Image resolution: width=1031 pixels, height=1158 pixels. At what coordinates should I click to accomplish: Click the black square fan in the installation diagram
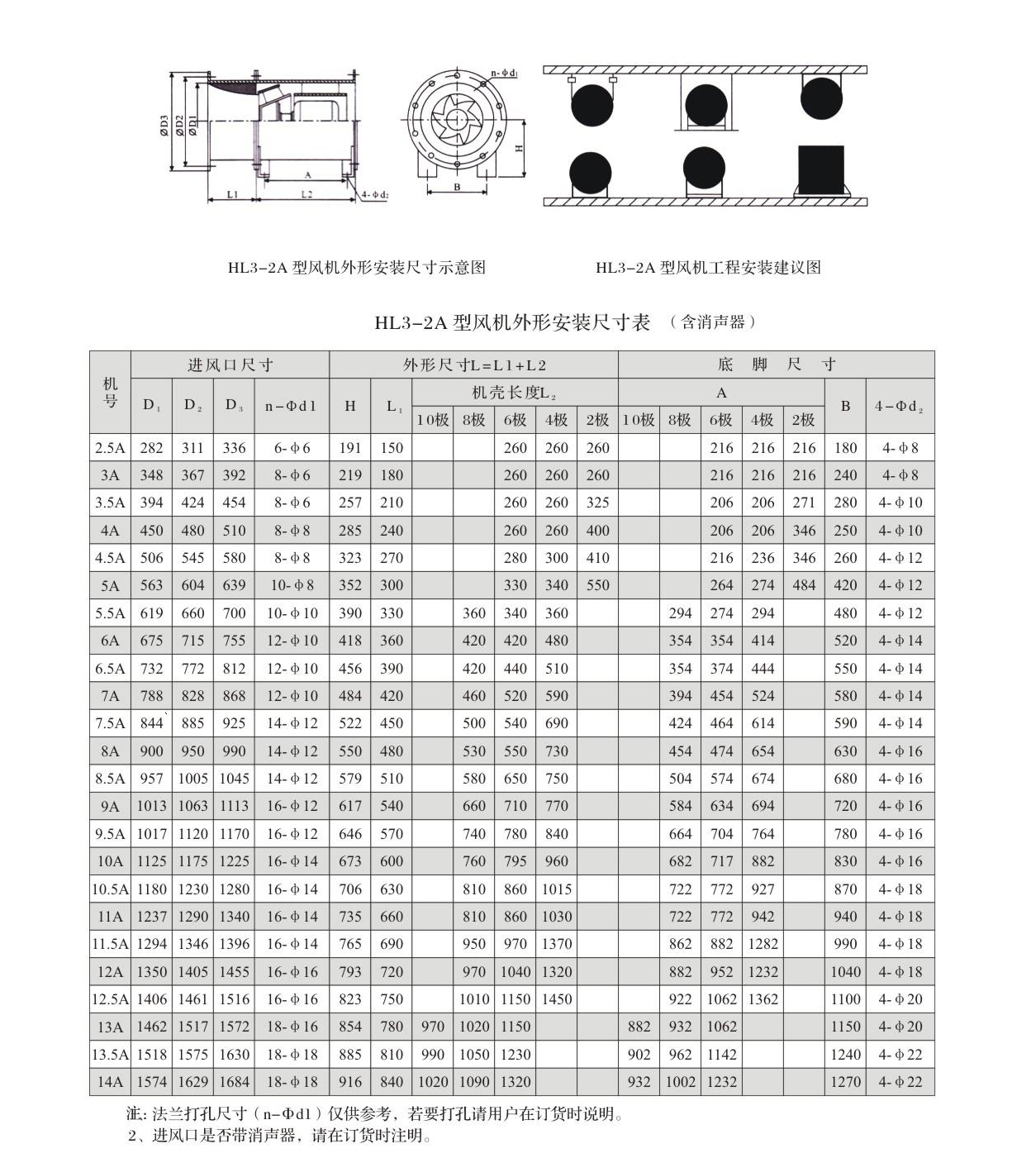pyautogui.click(x=820, y=169)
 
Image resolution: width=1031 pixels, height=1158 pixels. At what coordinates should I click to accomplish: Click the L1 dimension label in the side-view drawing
pyautogui.click(x=233, y=194)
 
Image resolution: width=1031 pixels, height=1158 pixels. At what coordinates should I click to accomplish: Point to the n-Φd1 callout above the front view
pyautogui.click(x=503, y=74)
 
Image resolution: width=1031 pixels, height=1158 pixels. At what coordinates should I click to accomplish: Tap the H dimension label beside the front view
pyautogui.click(x=519, y=148)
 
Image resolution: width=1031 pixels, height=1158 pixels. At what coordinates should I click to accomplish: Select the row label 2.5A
pyautogui.click(x=110, y=448)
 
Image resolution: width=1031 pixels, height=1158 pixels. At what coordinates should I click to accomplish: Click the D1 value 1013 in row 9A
pyautogui.click(x=151, y=806)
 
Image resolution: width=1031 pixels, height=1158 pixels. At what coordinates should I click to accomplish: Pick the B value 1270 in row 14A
pyautogui.click(x=845, y=1082)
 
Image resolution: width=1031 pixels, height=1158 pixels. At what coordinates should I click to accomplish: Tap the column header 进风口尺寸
pyautogui.click(x=230, y=365)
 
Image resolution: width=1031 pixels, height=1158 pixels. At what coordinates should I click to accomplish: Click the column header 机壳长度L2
pyautogui.click(x=514, y=393)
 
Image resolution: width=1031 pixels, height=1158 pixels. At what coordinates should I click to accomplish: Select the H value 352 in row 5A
pyautogui.click(x=350, y=585)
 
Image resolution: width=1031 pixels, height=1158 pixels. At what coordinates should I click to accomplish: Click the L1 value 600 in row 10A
pyautogui.click(x=392, y=861)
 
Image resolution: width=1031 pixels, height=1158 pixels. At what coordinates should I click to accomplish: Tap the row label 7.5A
pyautogui.click(x=110, y=723)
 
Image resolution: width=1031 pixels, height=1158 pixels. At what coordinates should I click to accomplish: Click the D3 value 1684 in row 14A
pyautogui.click(x=234, y=1082)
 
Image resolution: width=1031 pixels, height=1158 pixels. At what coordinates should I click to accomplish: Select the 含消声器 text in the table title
pyautogui.click(x=713, y=322)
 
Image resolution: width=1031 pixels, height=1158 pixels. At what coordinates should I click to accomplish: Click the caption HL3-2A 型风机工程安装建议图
pyautogui.click(x=708, y=268)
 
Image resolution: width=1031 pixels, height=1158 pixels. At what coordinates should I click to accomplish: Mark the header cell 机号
pyautogui.click(x=110, y=392)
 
